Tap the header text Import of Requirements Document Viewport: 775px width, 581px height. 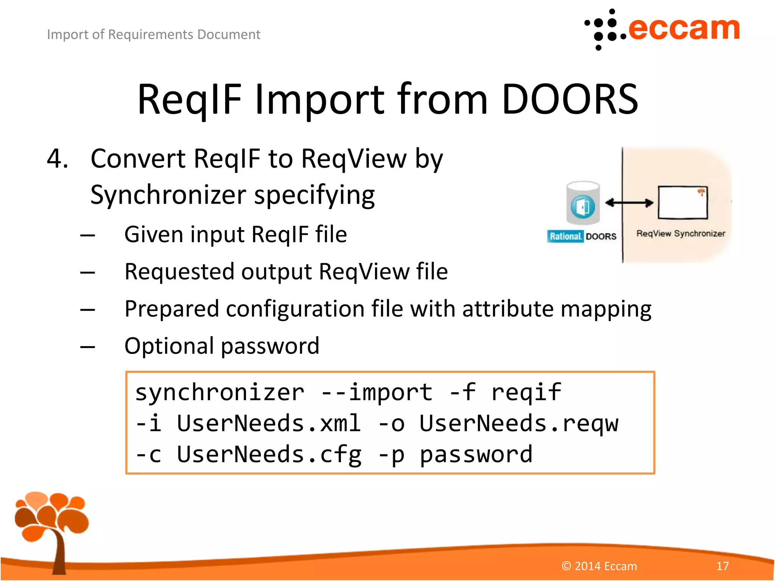154,34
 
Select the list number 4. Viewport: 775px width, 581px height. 57,158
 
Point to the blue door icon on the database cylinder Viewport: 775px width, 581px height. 583,207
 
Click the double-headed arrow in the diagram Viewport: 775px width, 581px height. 629,203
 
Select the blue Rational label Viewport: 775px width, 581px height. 565,236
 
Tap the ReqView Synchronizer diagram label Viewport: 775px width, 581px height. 680,233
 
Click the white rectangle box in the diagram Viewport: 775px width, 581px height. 683,203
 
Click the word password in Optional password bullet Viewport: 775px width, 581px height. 270,346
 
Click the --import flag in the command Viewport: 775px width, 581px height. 377,392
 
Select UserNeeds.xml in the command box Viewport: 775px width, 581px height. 269,423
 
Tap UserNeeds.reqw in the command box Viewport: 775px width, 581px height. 519,423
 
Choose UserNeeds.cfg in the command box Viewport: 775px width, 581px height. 269,454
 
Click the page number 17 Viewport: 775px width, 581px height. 722,566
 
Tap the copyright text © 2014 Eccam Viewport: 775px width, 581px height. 599,566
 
